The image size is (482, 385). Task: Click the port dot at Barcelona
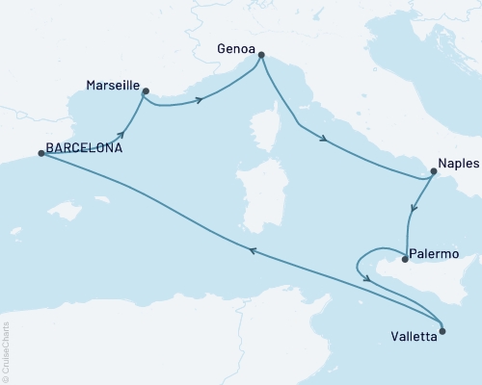[40, 153]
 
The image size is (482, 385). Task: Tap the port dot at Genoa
[260, 55]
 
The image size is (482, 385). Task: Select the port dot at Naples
[433, 173]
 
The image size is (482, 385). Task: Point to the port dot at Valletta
[442, 331]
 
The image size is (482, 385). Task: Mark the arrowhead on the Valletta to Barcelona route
[252, 249]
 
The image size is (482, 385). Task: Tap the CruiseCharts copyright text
[6, 350]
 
